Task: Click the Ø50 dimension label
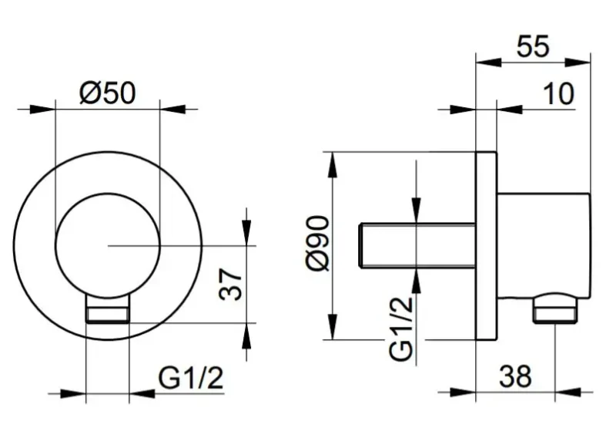[107, 93]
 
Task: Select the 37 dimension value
[231, 285]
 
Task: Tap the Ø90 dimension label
[318, 244]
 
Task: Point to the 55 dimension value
[533, 46]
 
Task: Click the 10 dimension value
[558, 94]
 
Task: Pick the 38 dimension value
[515, 376]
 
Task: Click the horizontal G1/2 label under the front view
[190, 378]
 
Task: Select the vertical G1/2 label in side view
[401, 328]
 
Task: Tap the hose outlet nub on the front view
[108, 308]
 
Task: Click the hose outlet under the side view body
[554, 308]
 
